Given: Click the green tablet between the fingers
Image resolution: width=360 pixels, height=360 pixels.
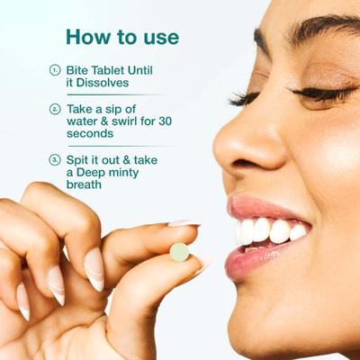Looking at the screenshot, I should point(180,252).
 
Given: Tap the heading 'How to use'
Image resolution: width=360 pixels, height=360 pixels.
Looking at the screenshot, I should point(121,37).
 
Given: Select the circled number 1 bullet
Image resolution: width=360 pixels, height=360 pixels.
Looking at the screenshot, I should point(55,69).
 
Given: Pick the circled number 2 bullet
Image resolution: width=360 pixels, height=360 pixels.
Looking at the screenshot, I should point(55,108).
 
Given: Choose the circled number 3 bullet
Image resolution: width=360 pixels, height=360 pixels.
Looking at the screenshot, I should point(55,159).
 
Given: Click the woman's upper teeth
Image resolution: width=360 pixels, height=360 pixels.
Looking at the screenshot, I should point(270,229).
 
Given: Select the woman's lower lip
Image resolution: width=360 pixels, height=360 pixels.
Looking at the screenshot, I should point(261,261).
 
